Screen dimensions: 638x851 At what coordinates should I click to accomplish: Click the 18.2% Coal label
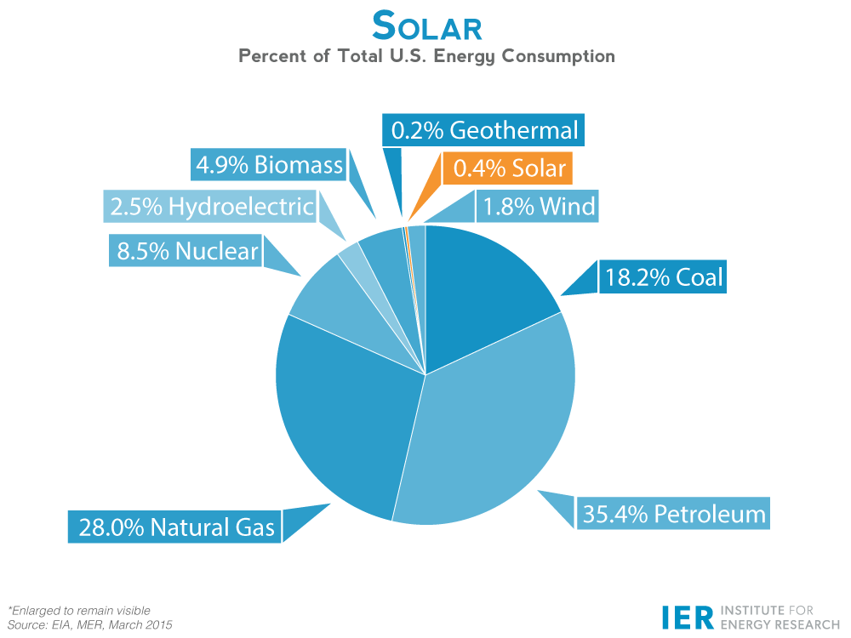(663, 276)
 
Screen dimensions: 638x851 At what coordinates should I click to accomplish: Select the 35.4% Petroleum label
(673, 514)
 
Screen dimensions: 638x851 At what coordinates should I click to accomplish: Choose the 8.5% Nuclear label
(186, 251)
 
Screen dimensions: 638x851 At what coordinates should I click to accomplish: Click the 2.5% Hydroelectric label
(211, 206)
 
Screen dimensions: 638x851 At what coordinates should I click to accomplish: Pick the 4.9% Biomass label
(269, 164)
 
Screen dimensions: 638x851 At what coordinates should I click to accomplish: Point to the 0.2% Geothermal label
(484, 130)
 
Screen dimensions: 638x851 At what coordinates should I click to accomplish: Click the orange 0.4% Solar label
(509, 168)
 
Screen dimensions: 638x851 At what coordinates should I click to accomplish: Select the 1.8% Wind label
(539, 206)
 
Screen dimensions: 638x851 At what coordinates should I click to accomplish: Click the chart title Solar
(426, 27)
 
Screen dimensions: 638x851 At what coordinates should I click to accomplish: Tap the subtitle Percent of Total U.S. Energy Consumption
(426, 57)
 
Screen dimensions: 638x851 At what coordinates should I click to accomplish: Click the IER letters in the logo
(687, 618)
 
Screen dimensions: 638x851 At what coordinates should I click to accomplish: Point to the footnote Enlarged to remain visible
(79, 610)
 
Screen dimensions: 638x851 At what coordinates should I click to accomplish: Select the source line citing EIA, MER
(89, 625)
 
